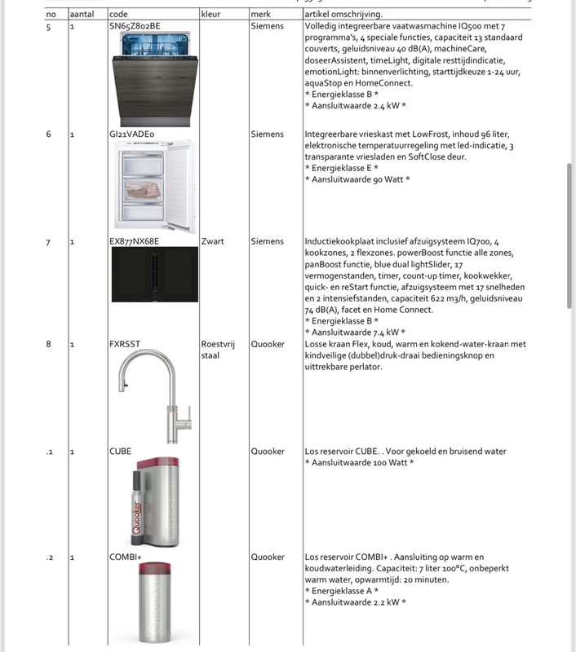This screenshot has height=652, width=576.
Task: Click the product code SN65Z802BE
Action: [x=135, y=26]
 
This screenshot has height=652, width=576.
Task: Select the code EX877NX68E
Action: [x=134, y=241]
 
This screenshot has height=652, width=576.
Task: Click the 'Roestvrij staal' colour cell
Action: [x=217, y=350]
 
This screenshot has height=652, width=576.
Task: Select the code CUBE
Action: [x=120, y=451]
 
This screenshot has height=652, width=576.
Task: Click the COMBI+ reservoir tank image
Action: [x=153, y=601]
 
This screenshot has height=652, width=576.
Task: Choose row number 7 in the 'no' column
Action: [x=49, y=241]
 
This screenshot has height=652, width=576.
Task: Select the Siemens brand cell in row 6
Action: [x=268, y=134]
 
